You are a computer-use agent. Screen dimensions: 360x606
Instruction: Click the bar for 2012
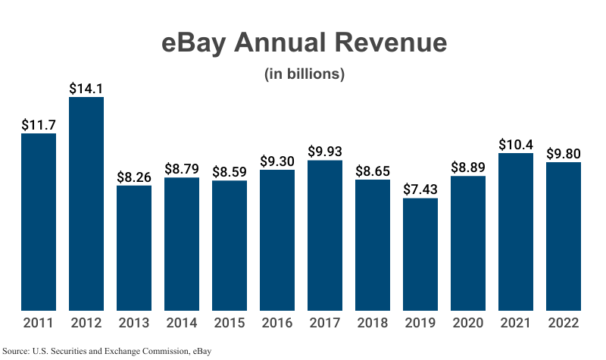(x=86, y=203)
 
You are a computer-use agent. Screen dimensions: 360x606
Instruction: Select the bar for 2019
(x=420, y=254)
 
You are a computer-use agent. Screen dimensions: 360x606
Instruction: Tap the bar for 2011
(x=39, y=221)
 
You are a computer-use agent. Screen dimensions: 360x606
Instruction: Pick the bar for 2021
(x=516, y=231)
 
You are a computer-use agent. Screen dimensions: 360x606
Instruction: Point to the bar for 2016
(x=277, y=239)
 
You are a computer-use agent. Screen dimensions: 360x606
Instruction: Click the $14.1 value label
(x=86, y=88)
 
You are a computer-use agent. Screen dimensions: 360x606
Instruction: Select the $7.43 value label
(x=420, y=189)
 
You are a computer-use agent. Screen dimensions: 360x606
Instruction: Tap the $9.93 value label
(x=325, y=151)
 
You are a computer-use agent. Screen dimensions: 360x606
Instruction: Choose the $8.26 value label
(x=134, y=177)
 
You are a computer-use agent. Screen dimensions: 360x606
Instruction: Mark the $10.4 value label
(x=516, y=144)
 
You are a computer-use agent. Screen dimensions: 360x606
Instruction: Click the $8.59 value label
(x=230, y=171)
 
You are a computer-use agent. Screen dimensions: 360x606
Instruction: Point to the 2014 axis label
(x=182, y=323)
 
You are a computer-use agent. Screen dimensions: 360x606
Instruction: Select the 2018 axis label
(x=373, y=323)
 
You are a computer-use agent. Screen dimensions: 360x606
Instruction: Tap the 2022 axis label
(x=564, y=323)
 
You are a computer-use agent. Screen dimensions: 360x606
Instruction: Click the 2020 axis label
(x=468, y=323)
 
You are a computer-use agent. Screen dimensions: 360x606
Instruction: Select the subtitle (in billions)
(x=304, y=74)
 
